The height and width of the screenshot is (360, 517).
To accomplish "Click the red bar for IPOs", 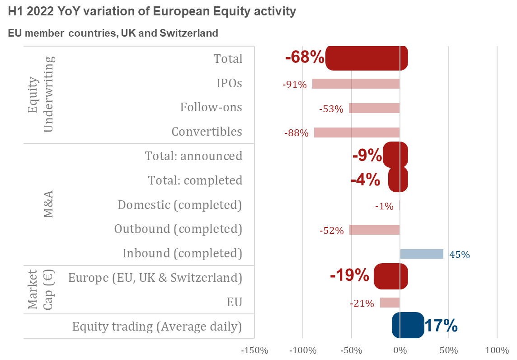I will click(356, 84).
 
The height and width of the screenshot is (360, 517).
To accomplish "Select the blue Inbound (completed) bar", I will click(421, 254).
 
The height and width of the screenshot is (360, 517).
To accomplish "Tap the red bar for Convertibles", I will click(357, 133).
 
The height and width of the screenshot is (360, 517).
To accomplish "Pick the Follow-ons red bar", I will click(374, 108).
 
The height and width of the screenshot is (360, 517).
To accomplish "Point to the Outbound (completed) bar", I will click(374, 230).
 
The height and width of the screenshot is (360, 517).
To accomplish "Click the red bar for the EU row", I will click(390, 303).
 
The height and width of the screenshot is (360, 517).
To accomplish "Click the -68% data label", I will click(305, 57).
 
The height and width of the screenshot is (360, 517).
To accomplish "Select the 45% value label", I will click(459, 255).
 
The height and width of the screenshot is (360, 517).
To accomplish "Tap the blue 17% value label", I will click(441, 326).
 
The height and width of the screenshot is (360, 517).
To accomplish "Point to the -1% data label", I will click(384, 206).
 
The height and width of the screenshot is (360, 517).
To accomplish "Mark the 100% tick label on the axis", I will click(497, 351).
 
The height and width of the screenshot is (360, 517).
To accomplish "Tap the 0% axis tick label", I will click(399, 351).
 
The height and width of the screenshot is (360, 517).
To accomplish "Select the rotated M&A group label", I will click(47, 204).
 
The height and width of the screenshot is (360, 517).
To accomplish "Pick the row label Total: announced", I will click(193, 156).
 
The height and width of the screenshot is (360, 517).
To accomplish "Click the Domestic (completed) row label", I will click(180, 205).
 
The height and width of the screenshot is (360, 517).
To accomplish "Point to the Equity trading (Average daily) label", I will click(157, 327).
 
